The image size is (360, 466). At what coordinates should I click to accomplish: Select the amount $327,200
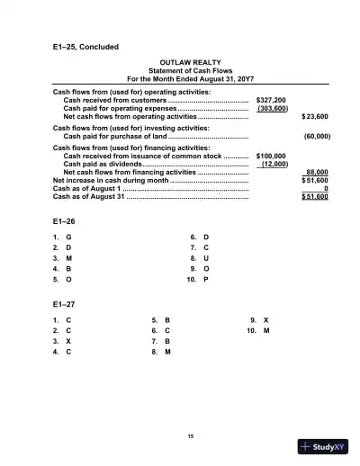pyautogui.click(x=271, y=100)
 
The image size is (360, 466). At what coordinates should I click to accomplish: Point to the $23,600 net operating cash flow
pyautogui.click(x=314, y=117)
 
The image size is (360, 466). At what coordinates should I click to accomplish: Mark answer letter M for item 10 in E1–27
pyautogui.click(x=266, y=331)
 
